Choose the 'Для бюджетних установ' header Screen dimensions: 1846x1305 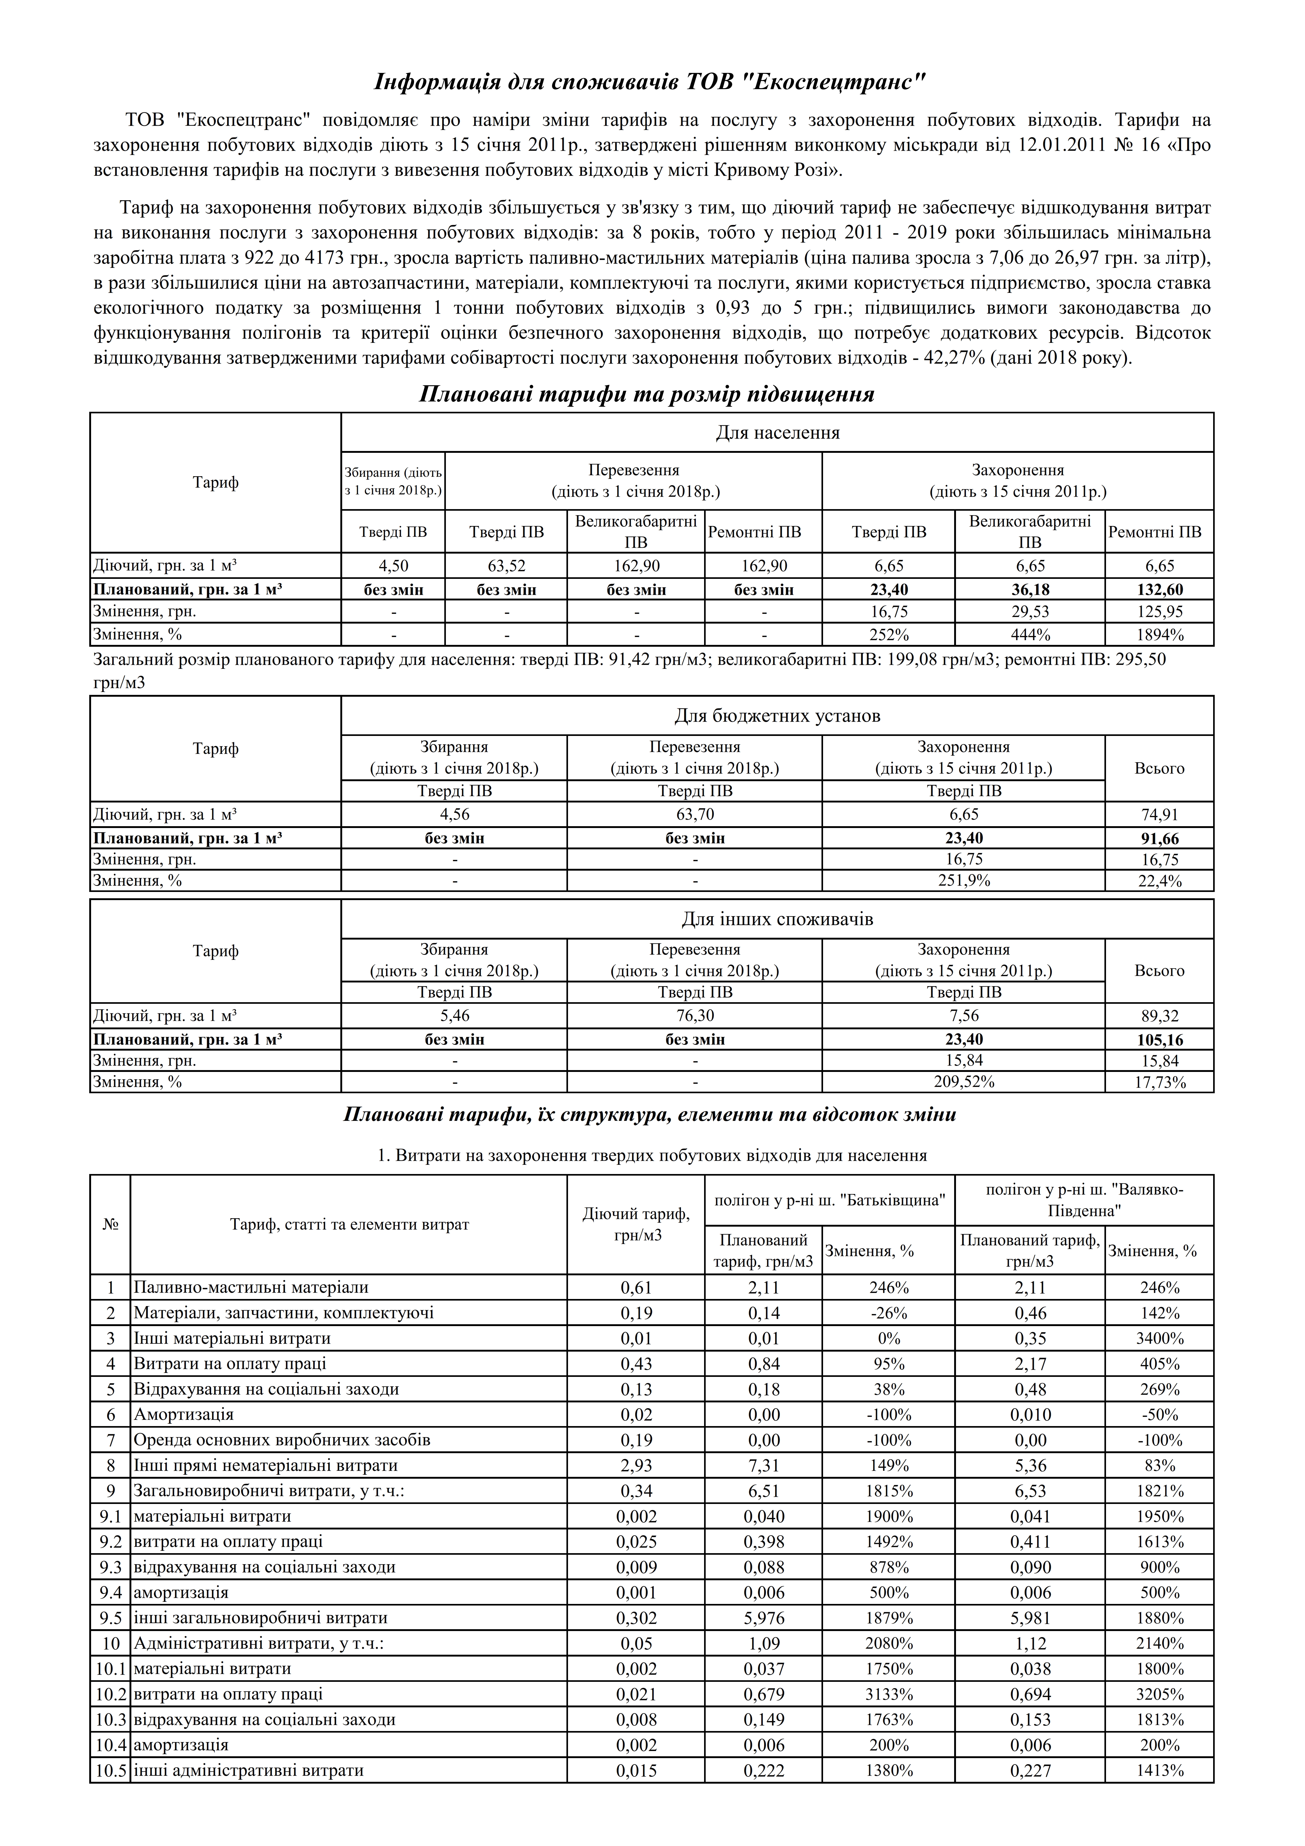coord(777,716)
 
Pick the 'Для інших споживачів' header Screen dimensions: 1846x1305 coord(777,919)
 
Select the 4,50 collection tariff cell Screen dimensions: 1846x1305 coord(393,566)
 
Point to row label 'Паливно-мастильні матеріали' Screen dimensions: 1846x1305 coord(251,1287)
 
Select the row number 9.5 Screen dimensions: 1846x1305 coord(110,1618)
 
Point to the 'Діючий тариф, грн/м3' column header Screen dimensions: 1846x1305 coord(635,1225)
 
